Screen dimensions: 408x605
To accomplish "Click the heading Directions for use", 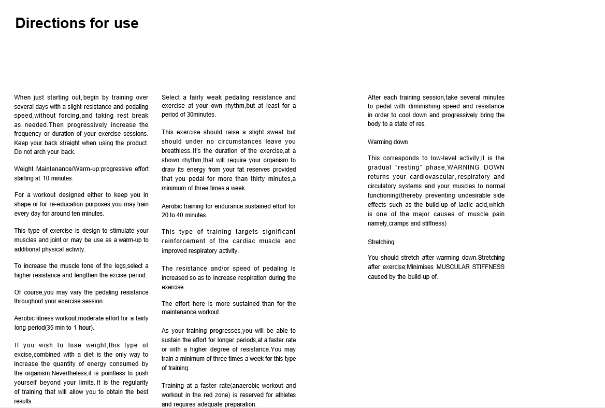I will click(77, 23).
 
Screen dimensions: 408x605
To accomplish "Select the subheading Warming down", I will click(387, 142).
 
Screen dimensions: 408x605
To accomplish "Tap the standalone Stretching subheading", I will click(381, 242).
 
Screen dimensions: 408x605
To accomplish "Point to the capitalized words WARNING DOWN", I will click(476, 167).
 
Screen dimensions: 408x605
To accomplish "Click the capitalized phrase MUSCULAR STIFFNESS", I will click(470, 267).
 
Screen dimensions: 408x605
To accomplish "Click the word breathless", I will click(176, 151).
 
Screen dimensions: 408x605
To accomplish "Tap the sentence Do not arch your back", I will click(45, 152).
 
